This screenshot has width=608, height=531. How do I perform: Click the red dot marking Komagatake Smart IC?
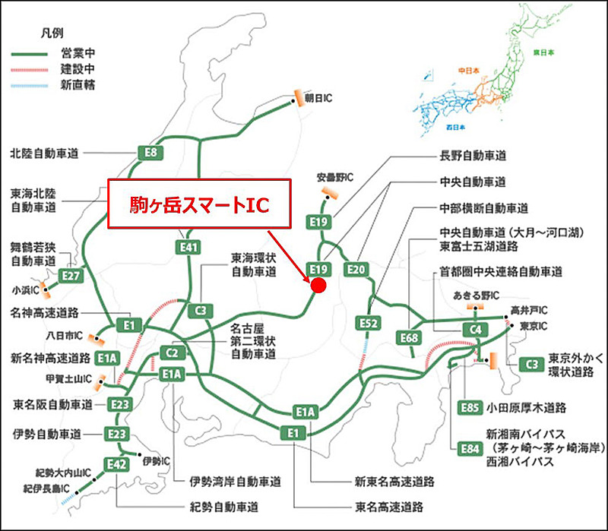pos(318,285)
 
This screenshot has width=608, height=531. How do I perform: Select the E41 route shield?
pos(190,247)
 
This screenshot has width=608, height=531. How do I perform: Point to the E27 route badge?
pos(71,274)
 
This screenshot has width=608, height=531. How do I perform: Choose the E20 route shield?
pos(356,270)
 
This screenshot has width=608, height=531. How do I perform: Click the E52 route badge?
pos(369,324)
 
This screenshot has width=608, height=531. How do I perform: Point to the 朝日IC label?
pos(320,97)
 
